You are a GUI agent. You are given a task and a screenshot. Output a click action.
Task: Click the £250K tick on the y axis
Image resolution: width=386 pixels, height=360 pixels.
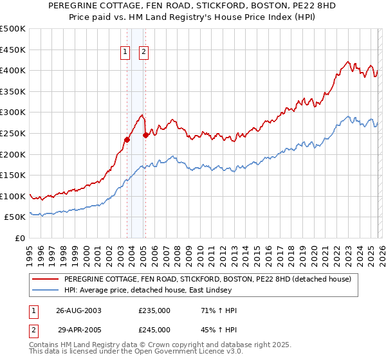[x=13, y=133]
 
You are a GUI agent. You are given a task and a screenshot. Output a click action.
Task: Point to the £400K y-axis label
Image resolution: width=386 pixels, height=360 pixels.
[x=13, y=70]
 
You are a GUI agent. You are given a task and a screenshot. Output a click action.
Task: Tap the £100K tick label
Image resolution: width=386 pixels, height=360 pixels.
[x=13, y=196]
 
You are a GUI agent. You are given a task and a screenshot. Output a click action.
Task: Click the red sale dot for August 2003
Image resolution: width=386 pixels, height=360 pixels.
[x=127, y=139]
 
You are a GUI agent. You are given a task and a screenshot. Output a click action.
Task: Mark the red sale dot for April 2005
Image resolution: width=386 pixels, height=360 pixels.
[x=145, y=135]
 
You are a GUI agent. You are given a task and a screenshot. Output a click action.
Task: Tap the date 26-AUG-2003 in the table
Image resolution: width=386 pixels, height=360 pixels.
[x=78, y=310]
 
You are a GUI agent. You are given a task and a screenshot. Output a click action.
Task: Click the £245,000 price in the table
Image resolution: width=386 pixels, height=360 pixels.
[x=154, y=329]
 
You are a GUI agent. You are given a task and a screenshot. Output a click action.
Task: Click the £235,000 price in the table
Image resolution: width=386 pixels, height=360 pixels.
[x=154, y=310]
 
